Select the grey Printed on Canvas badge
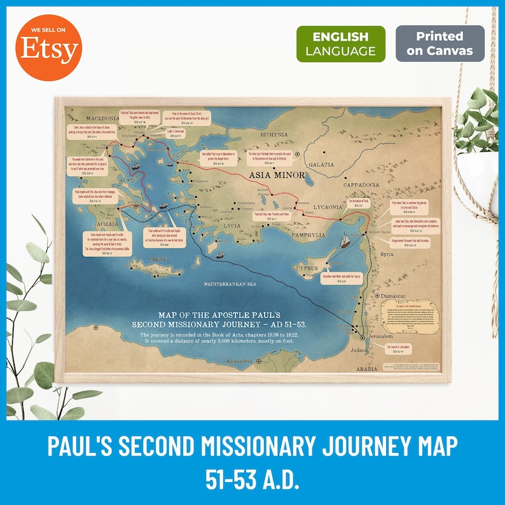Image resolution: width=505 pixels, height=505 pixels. (439, 43)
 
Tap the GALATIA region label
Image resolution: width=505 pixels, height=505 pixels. (321, 164)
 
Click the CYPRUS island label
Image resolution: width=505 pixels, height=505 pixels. (307, 268)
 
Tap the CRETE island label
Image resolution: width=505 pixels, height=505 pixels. (157, 260)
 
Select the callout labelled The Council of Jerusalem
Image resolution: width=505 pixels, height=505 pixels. (400, 349)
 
